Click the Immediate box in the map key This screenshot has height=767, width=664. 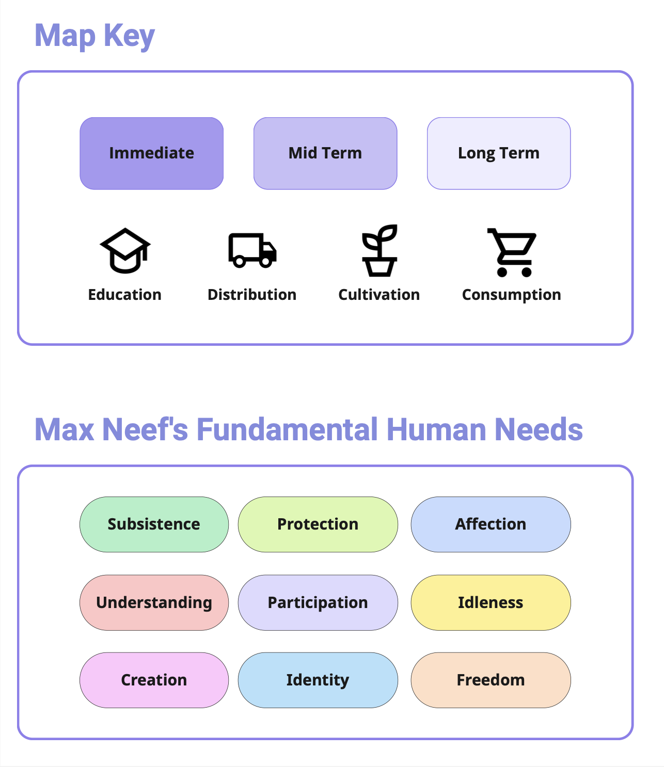pyautogui.click(x=151, y=153)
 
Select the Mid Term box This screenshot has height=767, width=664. pyautogui.click(x=325, y=153)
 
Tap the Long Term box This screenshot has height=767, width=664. pyautogui.click(x=499, y=153)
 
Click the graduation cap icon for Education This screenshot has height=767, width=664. pyautogui.click(x=125, y=251)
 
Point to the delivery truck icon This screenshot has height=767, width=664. pyautogui.click(x=252, y=251)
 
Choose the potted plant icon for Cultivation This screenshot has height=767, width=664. pyautogui.click(x=380, y=251)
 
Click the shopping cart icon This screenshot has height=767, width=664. pyautogui.click(x=512, y=252)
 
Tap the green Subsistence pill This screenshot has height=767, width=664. pyautogui.click(x=154, y=524)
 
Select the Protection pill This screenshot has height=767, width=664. pyautogui.click(x=318, y=524)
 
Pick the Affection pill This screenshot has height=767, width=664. pyautogui.click(x=491, y=524)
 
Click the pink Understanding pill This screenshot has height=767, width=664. pyautogui.click(x=154, y=603)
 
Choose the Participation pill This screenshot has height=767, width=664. pyautogui.click(x=318, y=603)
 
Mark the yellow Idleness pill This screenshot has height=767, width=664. pyautogui.click(x=491, y=603)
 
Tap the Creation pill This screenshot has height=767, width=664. pyautogui.click(x=154, y=680)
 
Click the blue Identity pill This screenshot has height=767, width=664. pyautogui.click(x=318, y=680)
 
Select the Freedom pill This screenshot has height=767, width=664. pyautogui.click(x=491, y=680)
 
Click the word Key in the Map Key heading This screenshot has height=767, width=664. pyautogui.click(x=129, y=36)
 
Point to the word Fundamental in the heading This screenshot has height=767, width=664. pyautogui.click(x=288, y=429)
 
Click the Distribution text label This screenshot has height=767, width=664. pyautogui.click(x=252, y=295)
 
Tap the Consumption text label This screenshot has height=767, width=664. pyautogui.click(x=512, y=295)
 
